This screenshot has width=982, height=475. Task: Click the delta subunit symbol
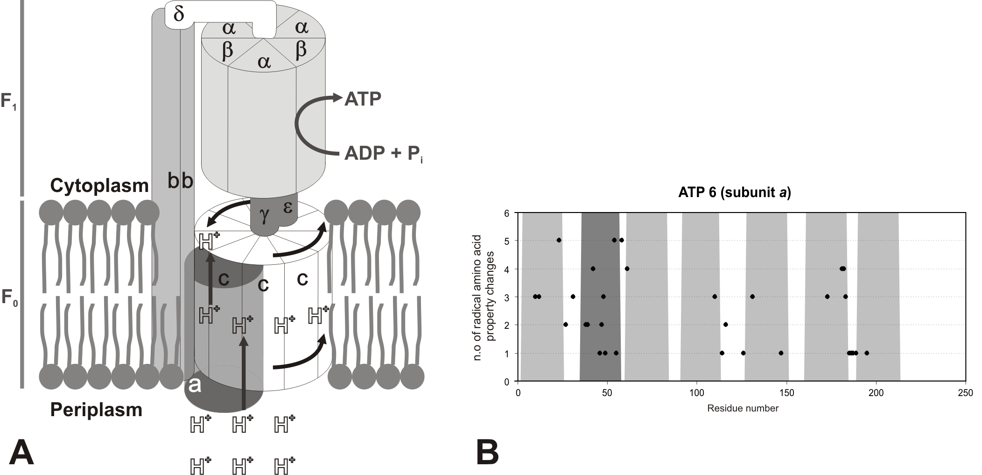[178, 14]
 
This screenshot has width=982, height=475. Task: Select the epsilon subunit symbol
[288, 207]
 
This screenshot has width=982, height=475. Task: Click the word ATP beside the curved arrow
[363, 99]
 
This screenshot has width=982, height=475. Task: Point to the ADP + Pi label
[383, 154]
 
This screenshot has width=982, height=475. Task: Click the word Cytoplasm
[99, 186]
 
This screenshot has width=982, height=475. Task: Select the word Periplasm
[96, 410]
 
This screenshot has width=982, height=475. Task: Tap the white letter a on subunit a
[195, 386]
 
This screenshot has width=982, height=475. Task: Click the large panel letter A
[21, 452]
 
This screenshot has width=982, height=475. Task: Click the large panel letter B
[487, 452]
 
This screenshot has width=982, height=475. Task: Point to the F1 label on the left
[9, 101]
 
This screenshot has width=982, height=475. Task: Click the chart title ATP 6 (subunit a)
[734, 193]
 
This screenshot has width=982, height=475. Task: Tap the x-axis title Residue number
[743, 408]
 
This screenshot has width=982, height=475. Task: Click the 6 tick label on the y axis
[510, 213]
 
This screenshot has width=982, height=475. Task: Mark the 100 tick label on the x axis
[697, 393]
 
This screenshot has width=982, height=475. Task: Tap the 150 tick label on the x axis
[786, 393]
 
